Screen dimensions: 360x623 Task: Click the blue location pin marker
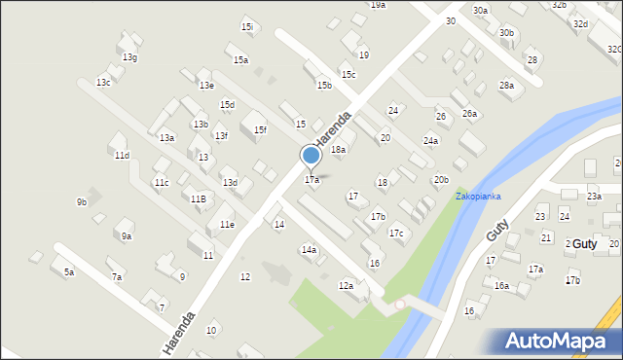point(311,156)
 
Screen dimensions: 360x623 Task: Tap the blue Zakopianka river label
point(478,196)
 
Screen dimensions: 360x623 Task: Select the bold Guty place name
point(584,243)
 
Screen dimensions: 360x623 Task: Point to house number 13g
point(129,57)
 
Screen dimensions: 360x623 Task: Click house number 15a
point(240,60)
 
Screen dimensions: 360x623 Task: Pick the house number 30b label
point(506,32)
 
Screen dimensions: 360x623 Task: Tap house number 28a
point(506,86)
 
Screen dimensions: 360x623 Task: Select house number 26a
point(470,114)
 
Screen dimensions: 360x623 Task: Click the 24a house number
point(430,140)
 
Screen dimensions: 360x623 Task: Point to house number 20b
point(441,179)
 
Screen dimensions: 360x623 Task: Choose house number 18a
point(338,150)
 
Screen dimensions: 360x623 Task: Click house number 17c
point(396,234)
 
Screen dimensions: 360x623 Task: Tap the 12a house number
point(346,285)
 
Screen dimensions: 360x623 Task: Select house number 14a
point(309,250)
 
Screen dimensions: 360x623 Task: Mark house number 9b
point(82,202)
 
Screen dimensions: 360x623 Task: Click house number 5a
point(69,272)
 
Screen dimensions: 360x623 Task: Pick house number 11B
point(198,198)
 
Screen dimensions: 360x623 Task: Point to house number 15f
point(259,129)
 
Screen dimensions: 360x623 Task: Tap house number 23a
point(594,197)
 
